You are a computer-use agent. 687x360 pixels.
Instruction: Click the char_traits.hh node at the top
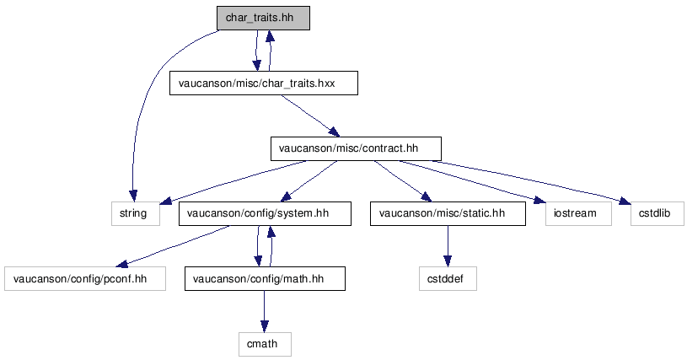coord(263,18)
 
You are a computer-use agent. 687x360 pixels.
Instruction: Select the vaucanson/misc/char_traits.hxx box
coord(264,83)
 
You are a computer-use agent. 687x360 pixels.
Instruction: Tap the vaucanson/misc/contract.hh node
coord(356,148)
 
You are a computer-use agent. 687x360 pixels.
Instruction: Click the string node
coord(136,213)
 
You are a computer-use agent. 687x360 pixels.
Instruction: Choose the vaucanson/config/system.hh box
coord(265,213)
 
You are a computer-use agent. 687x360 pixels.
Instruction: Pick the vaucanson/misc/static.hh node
coord(448,213)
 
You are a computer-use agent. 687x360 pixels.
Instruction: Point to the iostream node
coord(578,213)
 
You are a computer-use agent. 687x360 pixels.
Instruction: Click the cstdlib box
coord(657,213)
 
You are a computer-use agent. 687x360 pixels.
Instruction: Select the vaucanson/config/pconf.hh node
coord(85,278)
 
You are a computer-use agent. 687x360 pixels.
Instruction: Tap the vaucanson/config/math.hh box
coord(265,278)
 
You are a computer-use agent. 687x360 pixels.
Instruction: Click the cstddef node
coord(448,278)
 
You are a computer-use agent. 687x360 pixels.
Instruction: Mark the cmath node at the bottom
coord(265,344)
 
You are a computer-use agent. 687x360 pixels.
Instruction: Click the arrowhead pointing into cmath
coord(264,326)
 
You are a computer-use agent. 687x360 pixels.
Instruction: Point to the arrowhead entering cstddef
coord(448,261)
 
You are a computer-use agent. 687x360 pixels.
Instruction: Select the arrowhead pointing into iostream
coord(539,200)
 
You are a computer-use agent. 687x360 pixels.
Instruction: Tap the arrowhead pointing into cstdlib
coord(625,201)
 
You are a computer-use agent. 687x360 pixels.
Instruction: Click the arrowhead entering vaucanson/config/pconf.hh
coord(121,263)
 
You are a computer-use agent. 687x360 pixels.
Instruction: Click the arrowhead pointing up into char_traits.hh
coord(270,36)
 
